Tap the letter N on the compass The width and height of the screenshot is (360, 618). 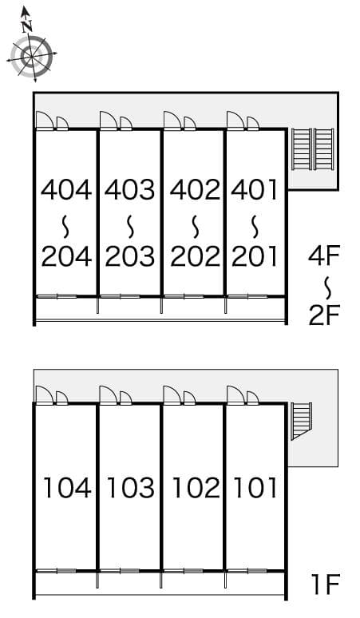pyautogui.click(x=27, y=24)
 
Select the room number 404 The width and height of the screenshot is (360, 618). pyautogui.click(x=66, y=190)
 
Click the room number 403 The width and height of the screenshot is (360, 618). pyautogui.click(x=130, y=190)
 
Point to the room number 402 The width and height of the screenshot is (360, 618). pyautogui.click(x=195, y=190)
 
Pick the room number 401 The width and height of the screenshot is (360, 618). pyautogui.click(x=255, y=190)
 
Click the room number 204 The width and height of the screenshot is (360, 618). pyautogui.click(x=66, y=256)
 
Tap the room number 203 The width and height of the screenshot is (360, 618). pyautogui.click(x=130, y=256)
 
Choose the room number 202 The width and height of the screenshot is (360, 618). pyautogui.click(x=195, y=256)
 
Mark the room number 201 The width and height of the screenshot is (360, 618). pyautogui.click(x=255, y=256)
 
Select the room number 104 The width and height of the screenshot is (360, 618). pyautogui.click(x=66, y=486)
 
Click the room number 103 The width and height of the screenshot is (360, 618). pyautogui.click(x=130, y=486)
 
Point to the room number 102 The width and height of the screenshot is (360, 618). pyautogui.click(x=195, y=486)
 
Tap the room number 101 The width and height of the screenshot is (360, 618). pyautogui.click(x=255, y=486)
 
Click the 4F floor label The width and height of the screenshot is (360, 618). pyautogui.click(x=325, y=256)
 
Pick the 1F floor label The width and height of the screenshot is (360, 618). pyautogui.click(x=326, y=585)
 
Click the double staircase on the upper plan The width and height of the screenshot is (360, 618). pyautogui.click(x=312, y=149)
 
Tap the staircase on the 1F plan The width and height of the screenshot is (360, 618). pyautogui.click(x=301, y=421)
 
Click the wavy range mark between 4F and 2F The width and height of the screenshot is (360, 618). pyautogui.click(x=326, y=285)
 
